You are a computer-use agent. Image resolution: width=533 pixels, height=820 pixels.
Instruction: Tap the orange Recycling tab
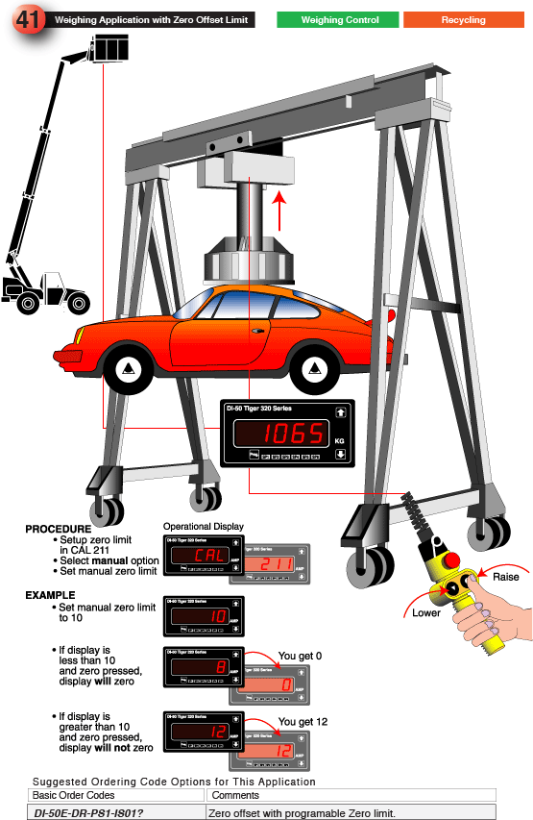[x=463, y=19]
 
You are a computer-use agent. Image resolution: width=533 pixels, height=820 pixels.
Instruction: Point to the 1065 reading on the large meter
[x=294, y=434]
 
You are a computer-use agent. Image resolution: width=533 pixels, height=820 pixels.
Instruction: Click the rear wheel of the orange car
[x=319, y=366]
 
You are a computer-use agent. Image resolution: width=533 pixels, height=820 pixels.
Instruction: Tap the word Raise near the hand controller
[x=505, y=577]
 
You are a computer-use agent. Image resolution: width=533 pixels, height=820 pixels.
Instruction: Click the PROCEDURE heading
[x=59, y=530]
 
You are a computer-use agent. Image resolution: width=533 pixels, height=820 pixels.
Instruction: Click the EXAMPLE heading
[x=50, y=595]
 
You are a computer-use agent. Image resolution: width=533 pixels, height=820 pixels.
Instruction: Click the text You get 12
[x=303, y=722]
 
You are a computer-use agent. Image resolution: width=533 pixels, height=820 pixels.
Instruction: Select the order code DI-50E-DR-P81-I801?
[x=88, y=812]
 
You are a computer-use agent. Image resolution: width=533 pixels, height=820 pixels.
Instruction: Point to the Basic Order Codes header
[x=74, y=795]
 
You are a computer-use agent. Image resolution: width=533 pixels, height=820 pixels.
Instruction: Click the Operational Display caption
[x=203, y=527]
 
